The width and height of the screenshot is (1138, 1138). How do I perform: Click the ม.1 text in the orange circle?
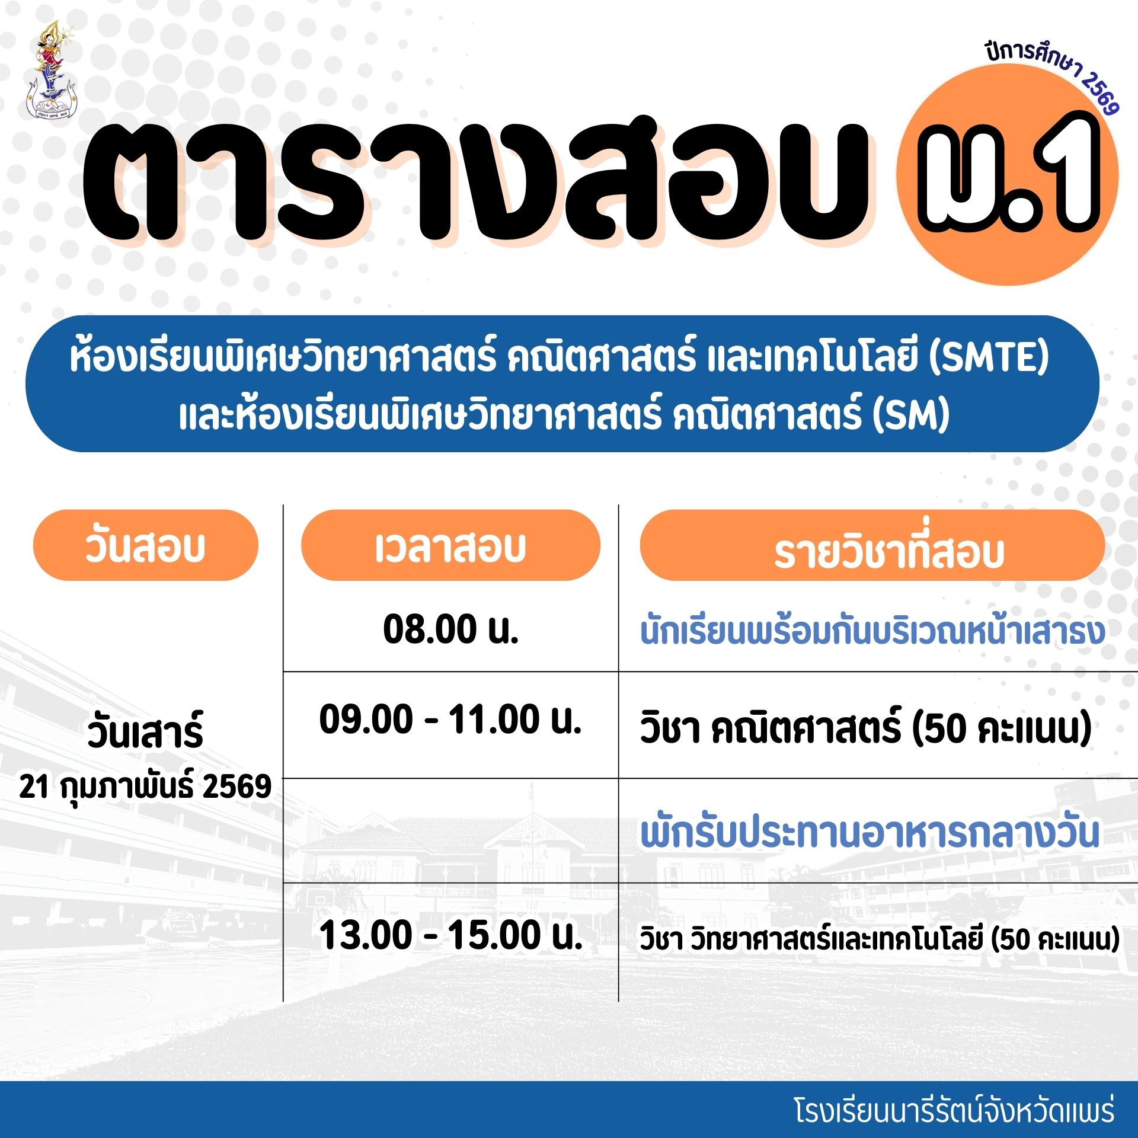[1008, 175]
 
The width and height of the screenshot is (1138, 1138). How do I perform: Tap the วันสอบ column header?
[146, 545]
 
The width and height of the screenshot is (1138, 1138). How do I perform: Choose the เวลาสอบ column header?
[450, 545]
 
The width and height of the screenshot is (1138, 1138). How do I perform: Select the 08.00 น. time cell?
[451, 629]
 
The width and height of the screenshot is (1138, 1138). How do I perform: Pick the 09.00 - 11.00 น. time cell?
[450, 720]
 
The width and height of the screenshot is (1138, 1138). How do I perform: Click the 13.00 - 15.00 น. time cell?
[450, 935]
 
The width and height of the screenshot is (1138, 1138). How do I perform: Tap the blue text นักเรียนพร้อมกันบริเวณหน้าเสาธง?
[872, 631]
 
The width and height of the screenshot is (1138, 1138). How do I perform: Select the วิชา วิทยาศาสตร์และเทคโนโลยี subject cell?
[880, 939]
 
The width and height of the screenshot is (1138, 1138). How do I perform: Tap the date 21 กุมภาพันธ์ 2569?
[145, 787]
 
